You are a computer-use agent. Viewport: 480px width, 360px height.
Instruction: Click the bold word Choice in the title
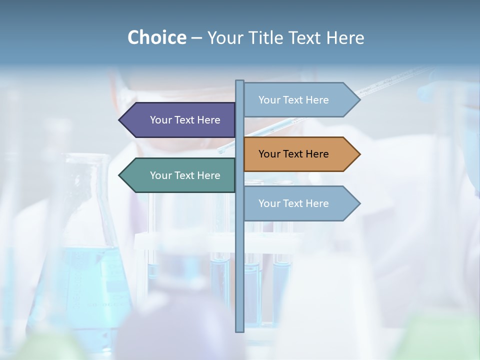pos(156,37)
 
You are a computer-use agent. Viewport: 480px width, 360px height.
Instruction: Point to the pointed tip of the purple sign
pos(120,120)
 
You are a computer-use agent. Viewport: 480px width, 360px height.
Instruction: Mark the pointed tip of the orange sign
pos(359,154)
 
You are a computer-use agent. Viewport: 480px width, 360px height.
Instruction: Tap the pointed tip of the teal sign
pos(120,175)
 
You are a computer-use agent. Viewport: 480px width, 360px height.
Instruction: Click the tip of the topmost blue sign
pos(359,99)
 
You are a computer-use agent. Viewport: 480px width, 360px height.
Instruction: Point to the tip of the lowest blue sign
pos(359,203)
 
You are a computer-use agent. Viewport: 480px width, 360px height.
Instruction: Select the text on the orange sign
pos(293,154)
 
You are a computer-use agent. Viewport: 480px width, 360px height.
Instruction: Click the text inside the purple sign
pos(185,120)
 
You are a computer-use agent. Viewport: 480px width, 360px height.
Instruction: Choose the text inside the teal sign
pos(185,175)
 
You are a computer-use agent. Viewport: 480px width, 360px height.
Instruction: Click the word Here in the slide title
pos(345,37)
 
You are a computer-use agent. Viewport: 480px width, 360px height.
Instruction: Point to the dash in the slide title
pos(196,38)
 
